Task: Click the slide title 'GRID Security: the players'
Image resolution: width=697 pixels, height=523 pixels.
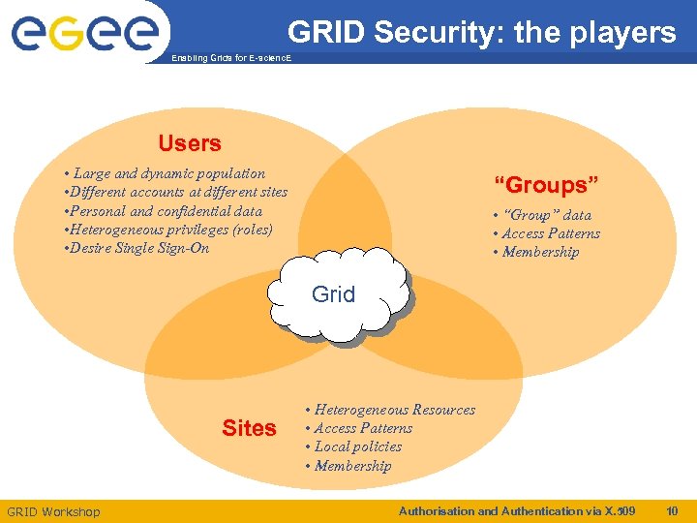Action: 481,33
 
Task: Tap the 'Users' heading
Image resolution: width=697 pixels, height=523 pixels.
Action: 190,143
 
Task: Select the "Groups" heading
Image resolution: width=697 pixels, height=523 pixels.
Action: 547,185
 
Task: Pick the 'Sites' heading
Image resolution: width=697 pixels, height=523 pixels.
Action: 249,428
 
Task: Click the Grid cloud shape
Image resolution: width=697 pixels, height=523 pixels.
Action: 334,294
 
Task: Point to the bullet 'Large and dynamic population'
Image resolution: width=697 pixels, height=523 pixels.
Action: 165,173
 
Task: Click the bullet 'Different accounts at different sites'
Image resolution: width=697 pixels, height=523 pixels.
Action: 175,192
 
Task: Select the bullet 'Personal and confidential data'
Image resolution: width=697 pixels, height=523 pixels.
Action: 163,210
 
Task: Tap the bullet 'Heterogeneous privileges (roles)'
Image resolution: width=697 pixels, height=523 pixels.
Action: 167,229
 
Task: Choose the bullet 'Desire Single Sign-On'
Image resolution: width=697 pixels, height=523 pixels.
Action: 136,248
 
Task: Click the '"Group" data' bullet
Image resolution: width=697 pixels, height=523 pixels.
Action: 543,215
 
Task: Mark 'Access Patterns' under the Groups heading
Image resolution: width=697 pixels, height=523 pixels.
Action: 547,233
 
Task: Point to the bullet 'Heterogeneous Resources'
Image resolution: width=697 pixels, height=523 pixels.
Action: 391,410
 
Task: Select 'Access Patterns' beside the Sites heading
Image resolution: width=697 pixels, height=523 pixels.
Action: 359,428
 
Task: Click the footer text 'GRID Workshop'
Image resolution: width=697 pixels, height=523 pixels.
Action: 53,511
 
